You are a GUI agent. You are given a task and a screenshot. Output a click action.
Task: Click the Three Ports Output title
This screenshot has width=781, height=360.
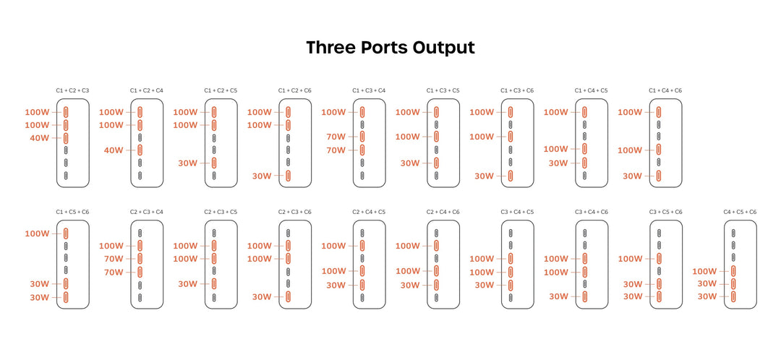point(390,47)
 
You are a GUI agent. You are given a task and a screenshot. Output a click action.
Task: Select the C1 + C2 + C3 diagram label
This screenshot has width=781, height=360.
point(73,90)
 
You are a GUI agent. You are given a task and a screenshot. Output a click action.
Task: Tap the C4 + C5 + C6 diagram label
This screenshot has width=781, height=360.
point(740,212)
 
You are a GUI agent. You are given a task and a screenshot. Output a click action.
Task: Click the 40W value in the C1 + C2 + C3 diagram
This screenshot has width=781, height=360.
point(40,138)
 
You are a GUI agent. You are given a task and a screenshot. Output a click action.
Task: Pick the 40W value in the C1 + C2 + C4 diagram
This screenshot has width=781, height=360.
point(114,150)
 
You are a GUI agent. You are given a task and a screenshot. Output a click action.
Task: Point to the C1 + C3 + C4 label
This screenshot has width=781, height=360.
point(369,90)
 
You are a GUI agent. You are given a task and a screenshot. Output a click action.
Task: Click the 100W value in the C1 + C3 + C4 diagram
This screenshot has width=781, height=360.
point(333,112)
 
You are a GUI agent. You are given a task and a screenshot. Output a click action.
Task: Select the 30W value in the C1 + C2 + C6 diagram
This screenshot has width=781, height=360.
point(262,176)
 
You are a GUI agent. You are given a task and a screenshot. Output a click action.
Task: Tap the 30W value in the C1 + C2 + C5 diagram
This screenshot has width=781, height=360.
point(188,163)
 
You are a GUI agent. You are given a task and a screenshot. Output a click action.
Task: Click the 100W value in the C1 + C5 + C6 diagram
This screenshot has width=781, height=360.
point(38,233)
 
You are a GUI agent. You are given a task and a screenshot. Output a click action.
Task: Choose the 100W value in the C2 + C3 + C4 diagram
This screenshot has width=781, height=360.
point(111,246)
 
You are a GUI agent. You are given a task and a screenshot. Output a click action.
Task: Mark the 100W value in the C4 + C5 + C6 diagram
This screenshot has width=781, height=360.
point(704,271)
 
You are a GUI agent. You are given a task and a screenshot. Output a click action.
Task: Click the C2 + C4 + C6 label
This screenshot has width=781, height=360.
point(443,212)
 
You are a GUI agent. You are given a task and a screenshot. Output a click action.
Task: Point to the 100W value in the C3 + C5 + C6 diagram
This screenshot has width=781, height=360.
point(631,259)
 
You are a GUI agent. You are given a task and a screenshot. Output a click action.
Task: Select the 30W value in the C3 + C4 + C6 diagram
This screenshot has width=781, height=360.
point(559,296)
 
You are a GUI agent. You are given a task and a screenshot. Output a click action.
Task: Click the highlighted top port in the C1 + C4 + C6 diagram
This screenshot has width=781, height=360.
point(659,112)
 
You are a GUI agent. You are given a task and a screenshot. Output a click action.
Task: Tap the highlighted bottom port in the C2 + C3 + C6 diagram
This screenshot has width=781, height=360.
point(288,297)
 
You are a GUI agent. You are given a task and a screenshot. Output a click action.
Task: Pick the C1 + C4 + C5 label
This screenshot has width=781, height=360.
point(592,90)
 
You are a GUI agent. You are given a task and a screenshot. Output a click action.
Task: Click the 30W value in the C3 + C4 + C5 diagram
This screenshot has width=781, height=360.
point(485,285)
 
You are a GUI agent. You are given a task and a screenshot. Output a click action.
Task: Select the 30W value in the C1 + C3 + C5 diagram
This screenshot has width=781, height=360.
point(411,163)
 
